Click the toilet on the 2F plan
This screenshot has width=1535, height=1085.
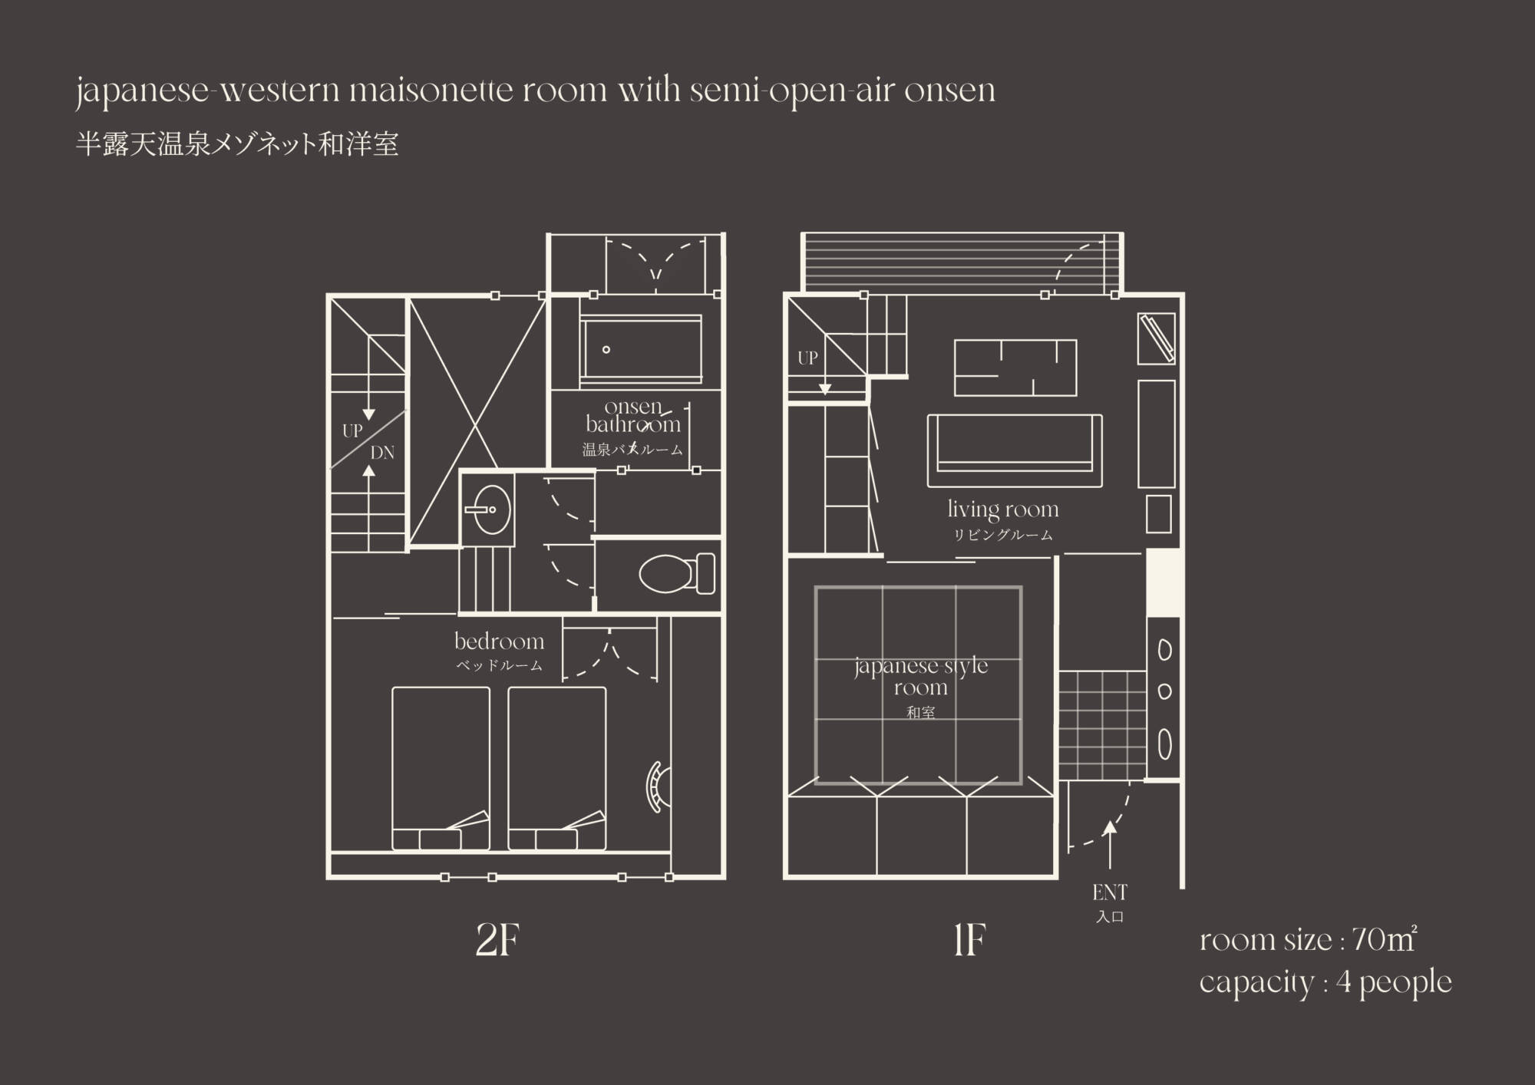pos(677,574)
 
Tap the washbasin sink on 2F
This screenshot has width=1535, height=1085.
pos(487,509)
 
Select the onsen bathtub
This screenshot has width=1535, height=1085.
pos(640,349)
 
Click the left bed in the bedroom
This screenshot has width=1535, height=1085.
pos(441,768)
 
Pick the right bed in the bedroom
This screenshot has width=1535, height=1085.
pos(557,768)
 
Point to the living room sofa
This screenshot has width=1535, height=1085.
pos(1015,450)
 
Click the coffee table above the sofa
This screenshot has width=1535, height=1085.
pos(1015,368)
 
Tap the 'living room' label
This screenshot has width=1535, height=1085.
pos(1003,509)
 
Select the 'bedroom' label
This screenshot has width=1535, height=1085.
pos(499,641)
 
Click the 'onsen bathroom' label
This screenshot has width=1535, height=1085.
pos(633,415)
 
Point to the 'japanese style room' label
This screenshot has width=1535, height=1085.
pos(921,676)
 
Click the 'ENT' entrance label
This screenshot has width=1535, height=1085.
pos(1110,892)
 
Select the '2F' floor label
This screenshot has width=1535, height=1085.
pos(498,940)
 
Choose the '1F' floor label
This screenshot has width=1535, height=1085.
pos(969,940)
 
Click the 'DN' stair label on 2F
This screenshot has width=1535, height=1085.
pos(382,453)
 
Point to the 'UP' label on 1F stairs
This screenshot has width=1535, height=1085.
pos(807,358)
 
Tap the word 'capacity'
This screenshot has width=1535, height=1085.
pos(1256,983)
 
